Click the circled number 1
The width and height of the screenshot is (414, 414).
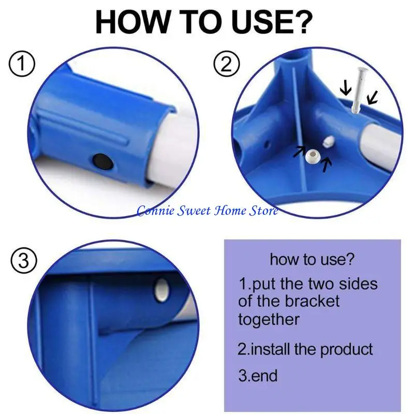(x=22, y=64)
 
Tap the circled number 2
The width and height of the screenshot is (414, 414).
(x=227, y=64)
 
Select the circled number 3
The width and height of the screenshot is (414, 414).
(x=24, y=260)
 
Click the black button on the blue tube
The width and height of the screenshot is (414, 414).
(x=103, y=162)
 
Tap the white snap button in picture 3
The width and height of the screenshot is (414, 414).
(x=161, y=290)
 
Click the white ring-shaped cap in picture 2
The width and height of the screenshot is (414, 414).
(x=313, y=156)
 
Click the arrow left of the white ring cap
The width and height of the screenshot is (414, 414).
(x=299, y=151)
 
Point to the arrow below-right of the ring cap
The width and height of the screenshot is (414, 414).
(x=327, y=165)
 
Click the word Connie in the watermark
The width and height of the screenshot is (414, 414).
(x=155, y=211)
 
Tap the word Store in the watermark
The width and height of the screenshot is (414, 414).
(x=263, y=211)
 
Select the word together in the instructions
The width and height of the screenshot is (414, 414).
(x=269, y=319)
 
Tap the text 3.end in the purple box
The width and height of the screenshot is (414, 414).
(x=258, y=375)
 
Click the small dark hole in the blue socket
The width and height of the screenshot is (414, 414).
(x=267, y=144)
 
